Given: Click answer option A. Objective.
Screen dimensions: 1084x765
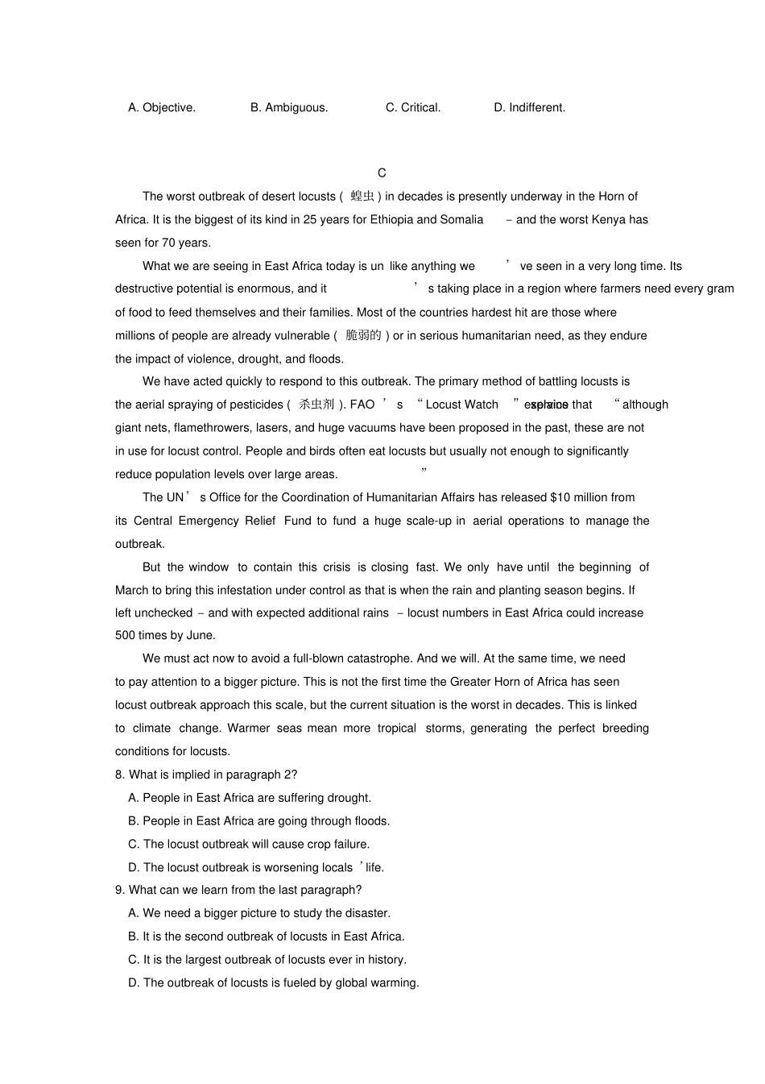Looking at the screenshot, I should point(161,107).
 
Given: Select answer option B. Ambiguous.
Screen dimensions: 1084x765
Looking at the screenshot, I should point(289,107).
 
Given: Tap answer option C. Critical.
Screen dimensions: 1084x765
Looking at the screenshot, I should point(413,107).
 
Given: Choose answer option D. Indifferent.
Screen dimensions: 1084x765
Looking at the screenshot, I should point(529,107).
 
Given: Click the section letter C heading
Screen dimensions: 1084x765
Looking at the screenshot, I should point(382,172).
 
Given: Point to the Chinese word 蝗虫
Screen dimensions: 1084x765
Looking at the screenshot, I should point(362,196).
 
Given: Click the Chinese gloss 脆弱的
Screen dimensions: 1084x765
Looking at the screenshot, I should point(363,335).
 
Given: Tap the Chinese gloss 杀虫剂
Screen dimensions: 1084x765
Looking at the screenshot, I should point(316,405).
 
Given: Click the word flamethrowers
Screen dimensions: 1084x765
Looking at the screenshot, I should point(217,428).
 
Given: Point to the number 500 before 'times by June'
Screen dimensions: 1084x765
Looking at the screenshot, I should point(126,635).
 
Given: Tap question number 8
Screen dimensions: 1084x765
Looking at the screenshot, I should point(120,775).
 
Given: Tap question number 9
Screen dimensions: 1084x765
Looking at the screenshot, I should point(120,890).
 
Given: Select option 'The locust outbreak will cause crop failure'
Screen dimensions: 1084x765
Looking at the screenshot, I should point(249,844).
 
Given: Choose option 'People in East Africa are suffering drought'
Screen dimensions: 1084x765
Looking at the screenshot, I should point(250,798).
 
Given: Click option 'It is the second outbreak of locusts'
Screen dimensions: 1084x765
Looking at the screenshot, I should point(267,937).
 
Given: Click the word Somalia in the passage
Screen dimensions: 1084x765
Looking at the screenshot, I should point(461,219).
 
